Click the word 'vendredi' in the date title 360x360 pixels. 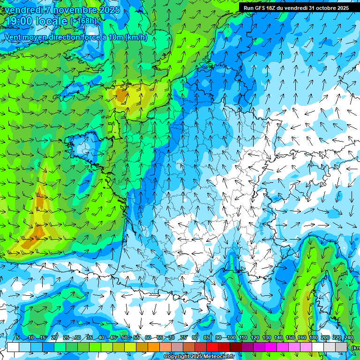[22, 10]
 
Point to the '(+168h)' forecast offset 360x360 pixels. [83, 21]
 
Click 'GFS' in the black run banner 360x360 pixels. [260, 8]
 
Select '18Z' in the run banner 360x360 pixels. [273, 8]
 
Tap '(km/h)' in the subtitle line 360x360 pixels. [136, 37]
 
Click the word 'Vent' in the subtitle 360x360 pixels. [13, 37]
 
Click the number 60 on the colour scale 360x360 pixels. [148, 338]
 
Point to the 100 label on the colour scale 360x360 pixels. [231, 338]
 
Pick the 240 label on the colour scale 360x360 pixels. [348, 338]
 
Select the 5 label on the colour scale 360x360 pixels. [18, 338]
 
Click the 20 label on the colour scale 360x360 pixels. [54, 338]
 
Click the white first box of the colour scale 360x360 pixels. [13, 347]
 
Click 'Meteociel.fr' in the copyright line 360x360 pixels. [217, 357]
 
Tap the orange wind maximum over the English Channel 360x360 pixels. [121, 96]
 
